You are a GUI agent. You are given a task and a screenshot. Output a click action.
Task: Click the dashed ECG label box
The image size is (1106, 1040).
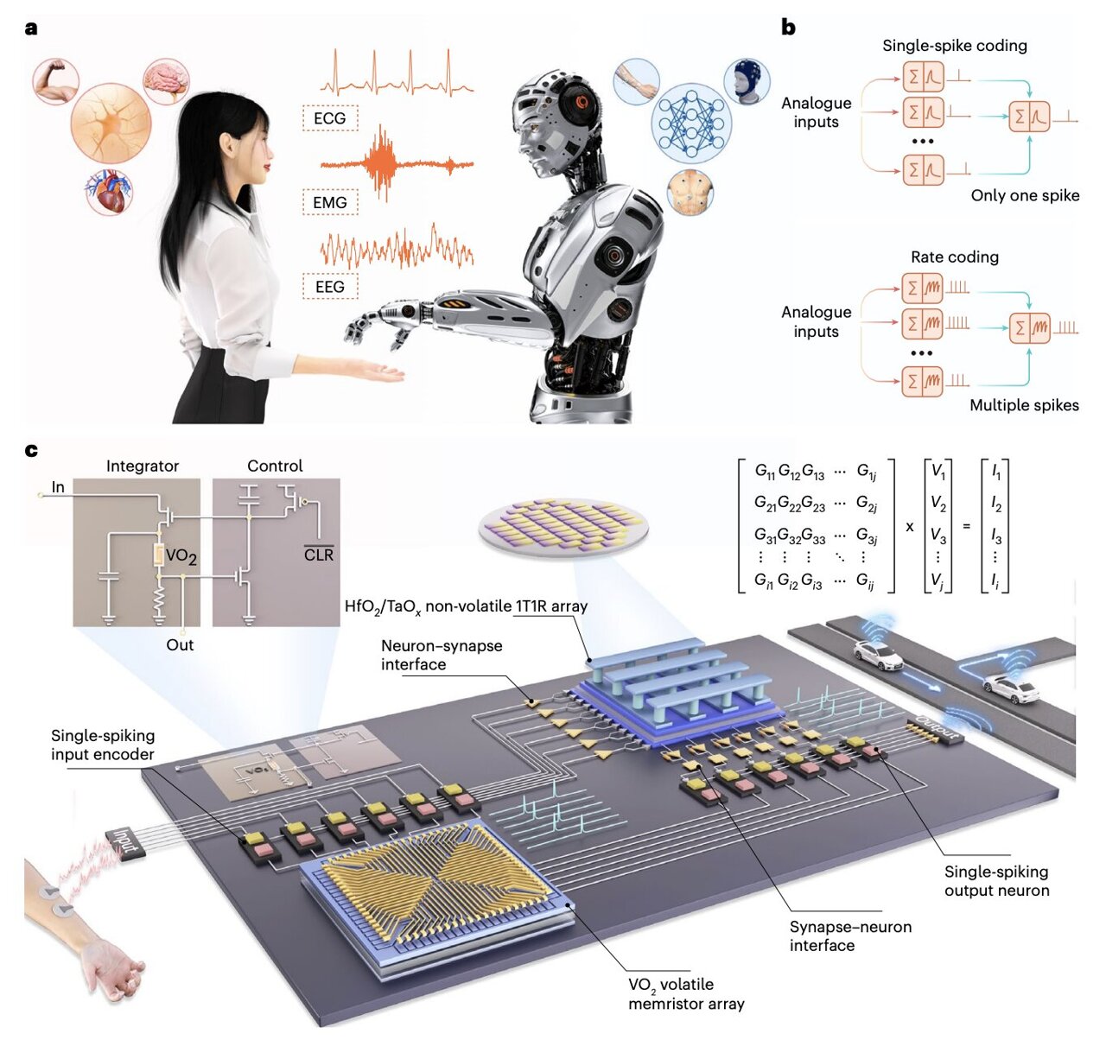pyautogui.click(x=330, y=117)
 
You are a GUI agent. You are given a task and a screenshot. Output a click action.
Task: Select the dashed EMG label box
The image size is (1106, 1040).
pyautogui.click(x=330, y=202)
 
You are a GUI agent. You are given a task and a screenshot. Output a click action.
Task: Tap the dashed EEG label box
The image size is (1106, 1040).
pyautogui.click(x=330, y=286)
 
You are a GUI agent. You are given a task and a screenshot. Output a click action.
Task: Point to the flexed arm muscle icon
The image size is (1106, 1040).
pyautogui.click(x=55, y=79)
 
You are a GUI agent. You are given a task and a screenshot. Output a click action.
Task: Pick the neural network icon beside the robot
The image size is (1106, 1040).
pyautogui.click(x=690, y=123)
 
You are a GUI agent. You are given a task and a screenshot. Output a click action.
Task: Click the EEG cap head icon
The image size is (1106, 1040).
pyautogui.click(x=746, y=81)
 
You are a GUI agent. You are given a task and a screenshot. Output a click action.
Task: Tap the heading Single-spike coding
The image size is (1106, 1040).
pyautogui.click(x=954, y=46)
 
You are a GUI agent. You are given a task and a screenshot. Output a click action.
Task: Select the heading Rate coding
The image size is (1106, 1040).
pyautogui.click(x=954, y=257)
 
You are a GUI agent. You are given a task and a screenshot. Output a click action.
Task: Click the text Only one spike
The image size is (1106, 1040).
pyautogui.click(x=1025, y=195)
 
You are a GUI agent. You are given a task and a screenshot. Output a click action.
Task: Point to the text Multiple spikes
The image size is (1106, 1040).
pyautogui.click(x=1024, y=405)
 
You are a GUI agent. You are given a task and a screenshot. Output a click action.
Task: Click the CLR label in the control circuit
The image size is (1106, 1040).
pyautogui.click(x=318, y=555)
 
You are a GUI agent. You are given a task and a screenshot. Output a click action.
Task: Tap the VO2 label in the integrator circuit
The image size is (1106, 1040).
pyautogui.click(x=181, y=555)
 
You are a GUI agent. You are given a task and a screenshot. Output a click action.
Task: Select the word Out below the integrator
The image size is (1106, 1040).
pyautogui.click(x=180, y=644)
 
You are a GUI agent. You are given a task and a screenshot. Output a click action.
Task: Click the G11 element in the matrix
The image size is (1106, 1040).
pyautogui.click(x=765, y=472)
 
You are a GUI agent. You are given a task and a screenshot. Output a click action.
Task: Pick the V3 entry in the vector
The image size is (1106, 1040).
pyautogui.click(x=938, y=536)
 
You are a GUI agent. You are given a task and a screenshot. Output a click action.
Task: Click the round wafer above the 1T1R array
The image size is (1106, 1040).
pyautogui.click(x=563, y=528)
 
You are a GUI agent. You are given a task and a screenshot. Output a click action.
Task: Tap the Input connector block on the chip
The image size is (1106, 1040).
pyautogui.click(x=124, y=843)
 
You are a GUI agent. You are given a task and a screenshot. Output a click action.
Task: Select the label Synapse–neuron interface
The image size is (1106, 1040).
pyautogui.click(x=850, y=935)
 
